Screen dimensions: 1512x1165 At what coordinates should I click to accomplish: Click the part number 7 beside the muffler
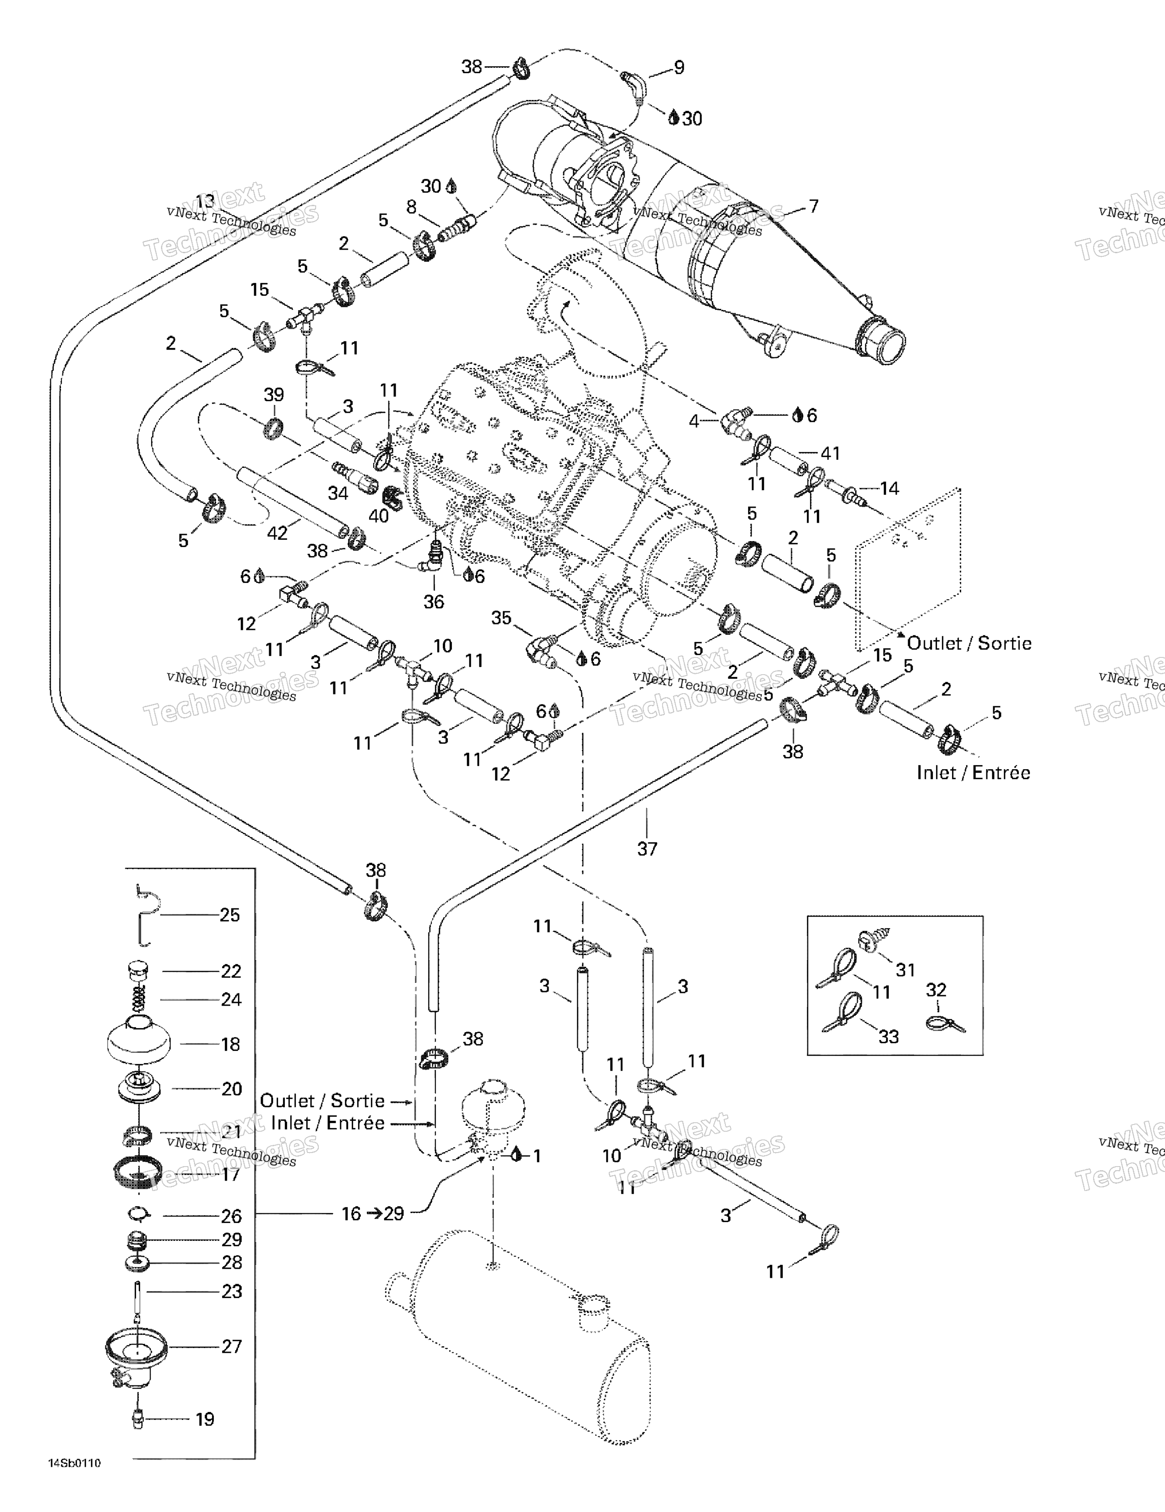click(x=813, y=206)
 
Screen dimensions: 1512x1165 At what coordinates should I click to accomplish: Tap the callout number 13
click(x=205, y=202)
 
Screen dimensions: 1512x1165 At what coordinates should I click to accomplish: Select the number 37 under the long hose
click(x=647, y=849)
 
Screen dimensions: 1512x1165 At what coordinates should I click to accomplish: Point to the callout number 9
click(x=679, y=67)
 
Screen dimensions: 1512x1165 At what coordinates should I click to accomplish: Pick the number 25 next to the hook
click(x=229, y=915)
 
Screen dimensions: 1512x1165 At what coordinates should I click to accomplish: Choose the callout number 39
click(x=274, y=395)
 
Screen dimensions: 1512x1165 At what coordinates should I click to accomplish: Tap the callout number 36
click(x=434, y=602)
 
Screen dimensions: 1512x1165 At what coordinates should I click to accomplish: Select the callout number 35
click(x=502, y=618)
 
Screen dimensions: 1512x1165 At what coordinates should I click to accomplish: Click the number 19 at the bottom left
click(x=204, y=1419)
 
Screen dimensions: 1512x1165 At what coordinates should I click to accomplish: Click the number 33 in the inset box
click(x=889, y=1036)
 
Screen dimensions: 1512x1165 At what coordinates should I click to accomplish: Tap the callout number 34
click(x=338, y=493)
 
